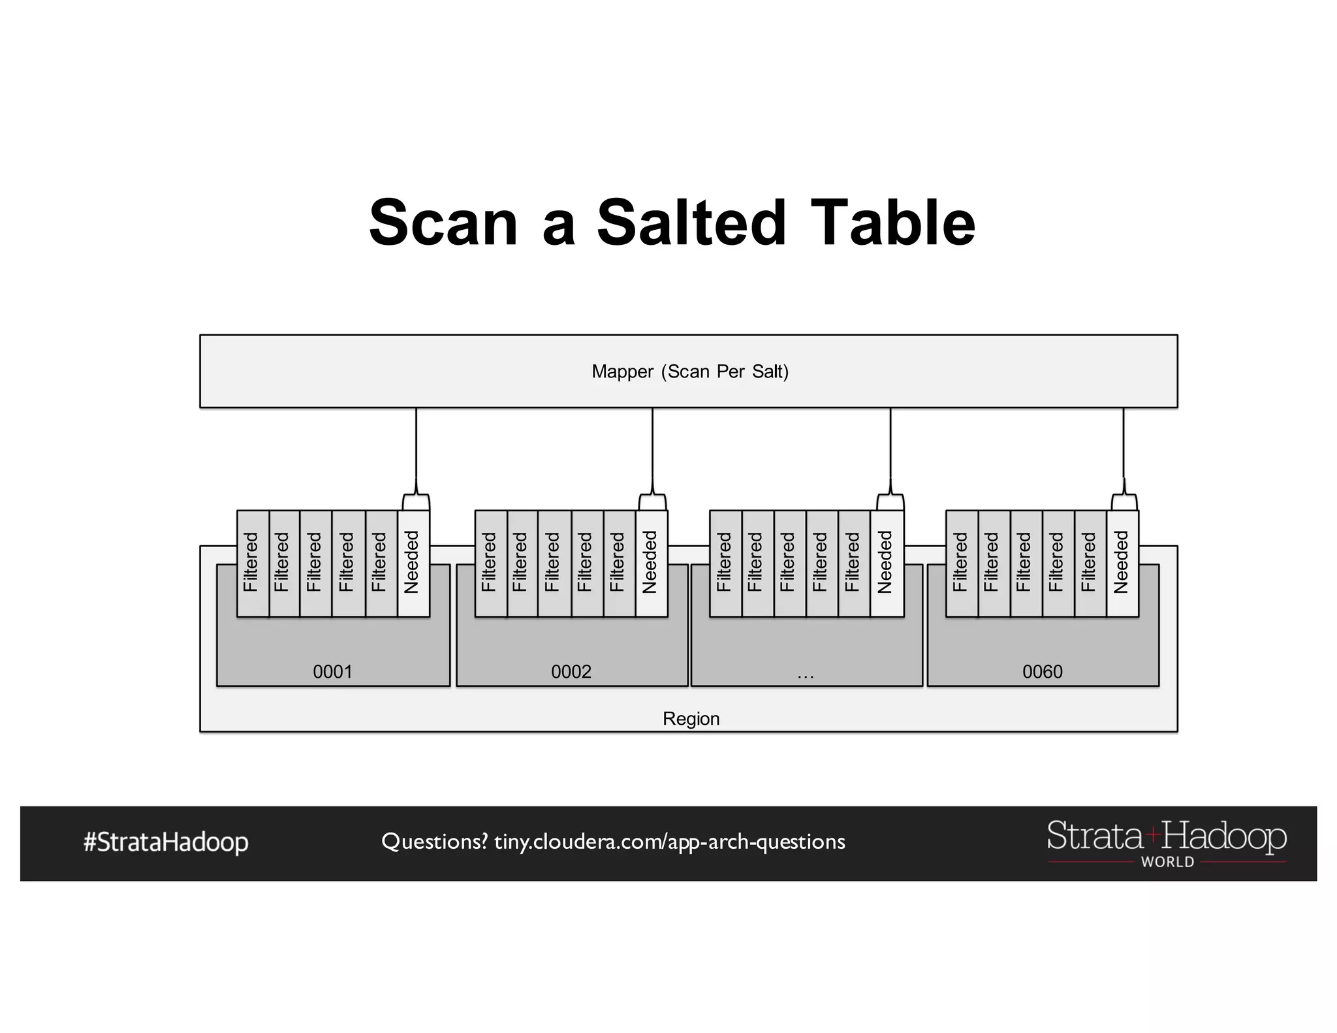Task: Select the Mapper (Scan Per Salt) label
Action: point(690,372)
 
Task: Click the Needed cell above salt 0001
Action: point(413,563)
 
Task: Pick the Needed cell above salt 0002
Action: point(651,563)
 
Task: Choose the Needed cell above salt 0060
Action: point(1122,563)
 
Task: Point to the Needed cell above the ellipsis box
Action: point(887,563)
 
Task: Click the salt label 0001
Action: point(333,672)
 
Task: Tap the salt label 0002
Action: point(571,672)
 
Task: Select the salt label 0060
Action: point(1043,672)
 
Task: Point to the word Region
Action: point(691,719)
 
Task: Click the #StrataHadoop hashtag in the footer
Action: point(166,842)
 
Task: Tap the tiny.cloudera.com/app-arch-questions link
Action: point(670,842)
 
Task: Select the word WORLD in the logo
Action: point(1167,862)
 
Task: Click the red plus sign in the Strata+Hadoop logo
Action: point(1153,834)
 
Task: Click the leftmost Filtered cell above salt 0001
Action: point(252,563)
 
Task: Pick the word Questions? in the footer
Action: point(434,842)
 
